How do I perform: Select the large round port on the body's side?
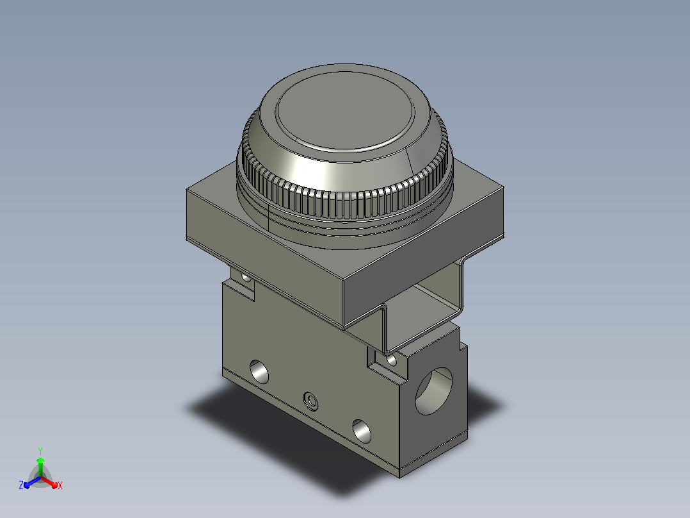coord(434,392)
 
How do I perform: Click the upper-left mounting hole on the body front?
coord(259,372)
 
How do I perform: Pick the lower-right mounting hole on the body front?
coord(362,431)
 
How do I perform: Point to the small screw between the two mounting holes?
coord(311,401)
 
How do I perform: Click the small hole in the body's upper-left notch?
coord(246,278)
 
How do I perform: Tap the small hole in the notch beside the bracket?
coord(391,360)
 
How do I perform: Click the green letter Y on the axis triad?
coord(40,451)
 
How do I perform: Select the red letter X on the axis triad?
coord(60,485)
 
